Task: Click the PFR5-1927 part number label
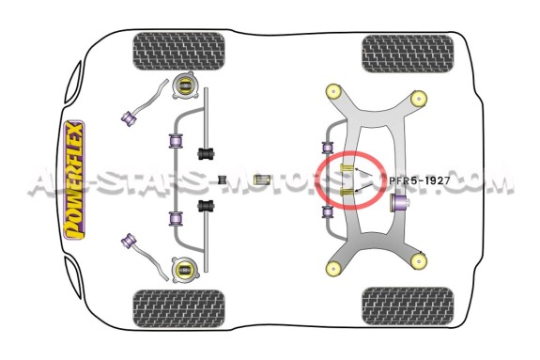420,180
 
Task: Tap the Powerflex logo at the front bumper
74,180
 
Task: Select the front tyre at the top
179,52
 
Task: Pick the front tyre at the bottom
179,308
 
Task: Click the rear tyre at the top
408,54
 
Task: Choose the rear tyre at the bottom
408,305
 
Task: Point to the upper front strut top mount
185,86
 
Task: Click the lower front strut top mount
185,270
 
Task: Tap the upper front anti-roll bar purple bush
176,141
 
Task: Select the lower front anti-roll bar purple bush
176,218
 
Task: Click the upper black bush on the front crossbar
206,153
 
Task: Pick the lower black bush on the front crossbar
206,206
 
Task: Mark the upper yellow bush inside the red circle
347,168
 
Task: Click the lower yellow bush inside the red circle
347,192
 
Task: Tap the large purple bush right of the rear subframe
399,203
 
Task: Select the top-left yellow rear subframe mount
333,91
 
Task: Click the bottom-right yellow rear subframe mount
419,260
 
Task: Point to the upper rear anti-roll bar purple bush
328,148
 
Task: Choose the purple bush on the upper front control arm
130,117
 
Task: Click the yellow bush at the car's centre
261,180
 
